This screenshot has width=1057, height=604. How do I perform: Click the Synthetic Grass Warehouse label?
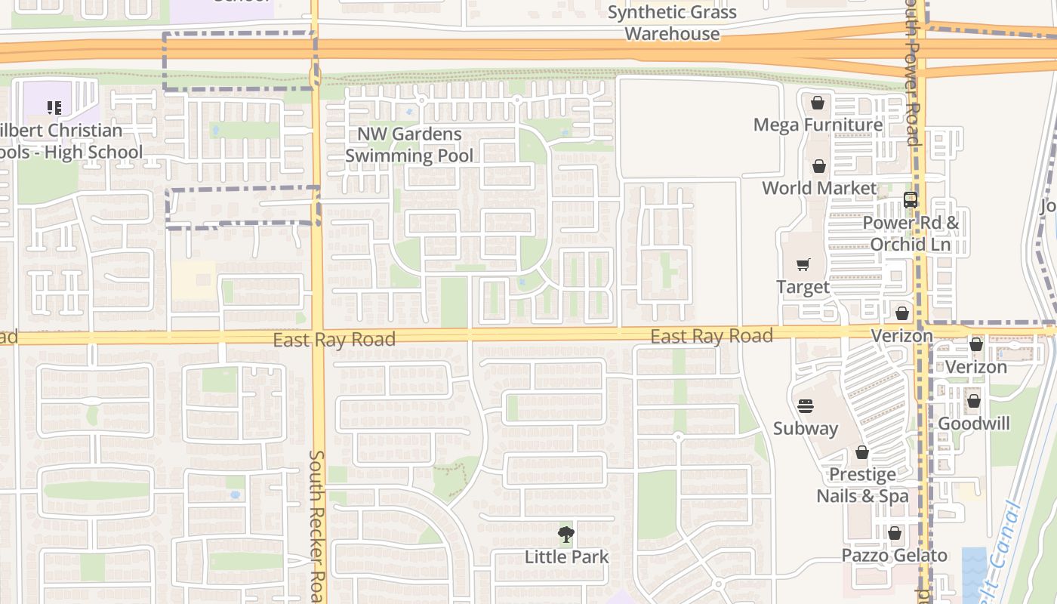pos(672,23)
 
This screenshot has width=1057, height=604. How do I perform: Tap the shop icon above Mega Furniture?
pos(818,103)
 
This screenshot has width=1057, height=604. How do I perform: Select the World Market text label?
pos(819,188)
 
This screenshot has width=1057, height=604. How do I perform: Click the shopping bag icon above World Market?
pos(819,166)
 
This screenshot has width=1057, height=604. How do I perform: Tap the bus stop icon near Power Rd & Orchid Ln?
pos(911,200)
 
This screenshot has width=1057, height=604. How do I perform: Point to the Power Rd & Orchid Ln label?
pos(911,233)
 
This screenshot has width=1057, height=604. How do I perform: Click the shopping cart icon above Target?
pos(803,265)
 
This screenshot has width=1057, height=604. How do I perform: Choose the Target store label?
pos(803,287)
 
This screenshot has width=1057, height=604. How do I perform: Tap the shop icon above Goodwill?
pos(974,401)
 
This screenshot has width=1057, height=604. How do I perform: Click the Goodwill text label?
pos(974,424)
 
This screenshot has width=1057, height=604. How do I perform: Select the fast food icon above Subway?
pos(806,406)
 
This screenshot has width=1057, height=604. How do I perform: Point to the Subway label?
pos(806,428)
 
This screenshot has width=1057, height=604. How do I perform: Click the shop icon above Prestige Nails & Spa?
pos(862,452)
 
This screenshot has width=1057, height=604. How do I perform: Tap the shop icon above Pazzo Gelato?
pos(895,534)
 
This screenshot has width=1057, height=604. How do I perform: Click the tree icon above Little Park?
pos(566,535)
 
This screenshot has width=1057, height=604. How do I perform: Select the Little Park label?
pos(566,557)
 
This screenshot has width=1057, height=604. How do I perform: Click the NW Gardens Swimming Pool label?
pos(409,145)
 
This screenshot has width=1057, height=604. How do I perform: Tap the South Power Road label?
pos(913,72)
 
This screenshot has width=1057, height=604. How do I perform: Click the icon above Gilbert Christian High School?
pos(54,108)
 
